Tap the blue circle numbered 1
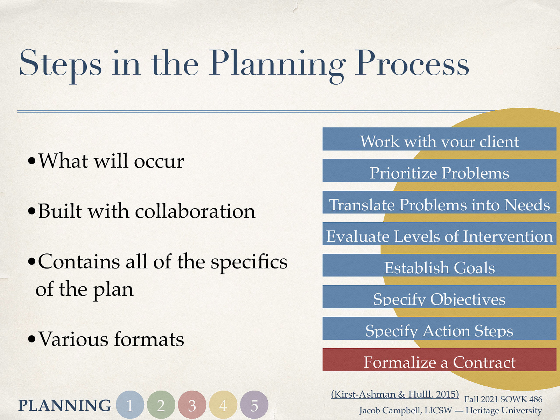(130, 405)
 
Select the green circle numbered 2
(161, 405)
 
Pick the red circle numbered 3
(192, 405)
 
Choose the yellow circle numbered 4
(223, 405)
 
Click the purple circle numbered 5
(254, 405)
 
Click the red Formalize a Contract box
(439, 360)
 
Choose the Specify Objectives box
(439, 297)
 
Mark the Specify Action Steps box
(439, 329)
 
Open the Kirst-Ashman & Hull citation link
(395, 394)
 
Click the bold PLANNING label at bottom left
(64, 406)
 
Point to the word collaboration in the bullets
(195, 211)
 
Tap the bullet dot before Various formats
(32, 339)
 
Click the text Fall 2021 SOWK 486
(503, 399)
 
